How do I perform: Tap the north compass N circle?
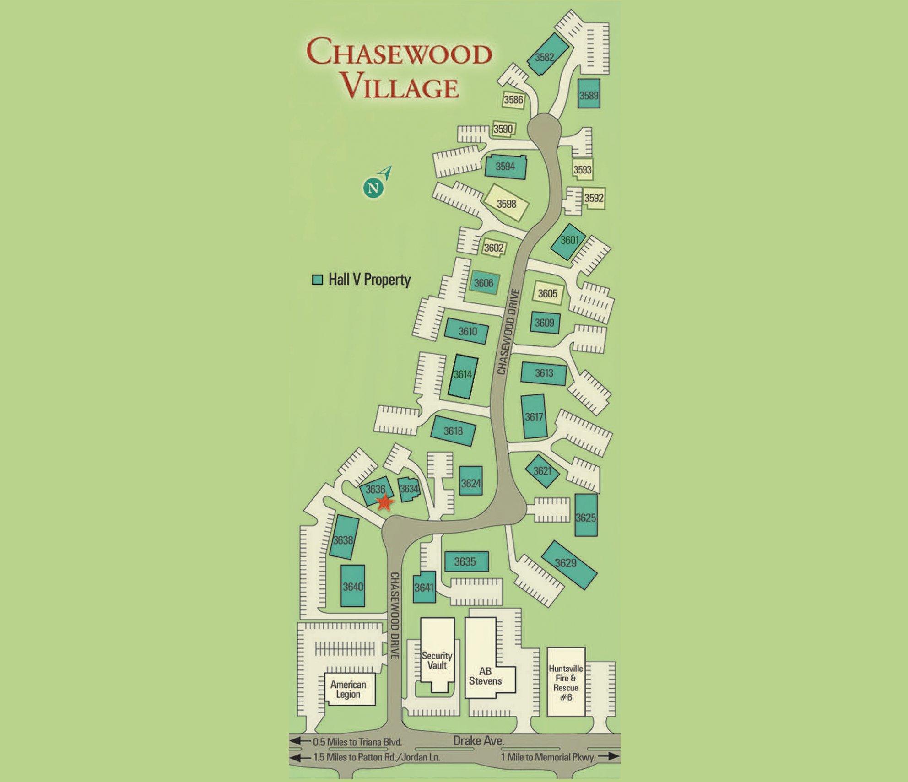tap(373, 188)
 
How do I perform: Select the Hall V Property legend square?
tap(317, 280)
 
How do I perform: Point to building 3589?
tap(589, 94)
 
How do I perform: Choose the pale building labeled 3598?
tap(507, 203)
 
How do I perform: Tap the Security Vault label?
tap(437, 660)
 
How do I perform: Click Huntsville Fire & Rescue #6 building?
tap(566, 682)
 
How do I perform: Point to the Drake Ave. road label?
tap(478, 740)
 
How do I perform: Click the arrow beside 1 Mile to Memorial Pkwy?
tap(608, 756)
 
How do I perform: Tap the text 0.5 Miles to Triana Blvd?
tap(357, 742)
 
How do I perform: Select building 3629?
tap(568, 565)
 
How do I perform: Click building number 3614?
tap(463, 375)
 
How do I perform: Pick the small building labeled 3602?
tap(494, 248)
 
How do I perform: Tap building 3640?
tap(353, 586)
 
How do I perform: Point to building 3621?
tap(542, 471)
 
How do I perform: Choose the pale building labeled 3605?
tap(547, 293)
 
